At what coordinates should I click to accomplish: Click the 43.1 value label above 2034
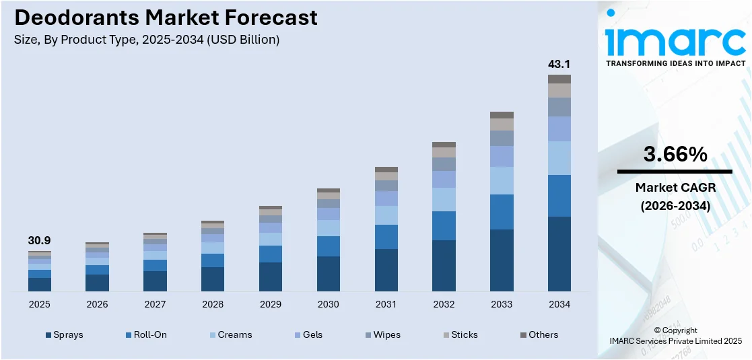(559, 65)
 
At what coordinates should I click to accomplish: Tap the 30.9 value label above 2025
(39, 240)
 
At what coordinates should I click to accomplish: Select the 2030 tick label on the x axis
(329, 304)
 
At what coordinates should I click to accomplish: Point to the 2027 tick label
(155, 304)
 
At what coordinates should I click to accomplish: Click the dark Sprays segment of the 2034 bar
(559, 254)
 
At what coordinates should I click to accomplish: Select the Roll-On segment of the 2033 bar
(502, 212)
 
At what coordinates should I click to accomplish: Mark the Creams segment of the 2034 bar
(559, 158)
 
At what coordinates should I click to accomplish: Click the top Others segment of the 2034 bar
(559, 79)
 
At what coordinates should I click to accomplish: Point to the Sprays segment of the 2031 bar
(386, 270)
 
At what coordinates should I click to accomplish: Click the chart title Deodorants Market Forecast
(166, 17)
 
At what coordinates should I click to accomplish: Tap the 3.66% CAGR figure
(675, 155)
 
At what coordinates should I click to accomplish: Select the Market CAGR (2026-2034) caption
(675, 196)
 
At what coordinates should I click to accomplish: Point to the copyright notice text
(675, 335)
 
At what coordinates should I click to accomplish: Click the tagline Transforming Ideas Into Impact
(675, 63)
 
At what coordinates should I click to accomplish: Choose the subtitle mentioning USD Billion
(146, 40)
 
